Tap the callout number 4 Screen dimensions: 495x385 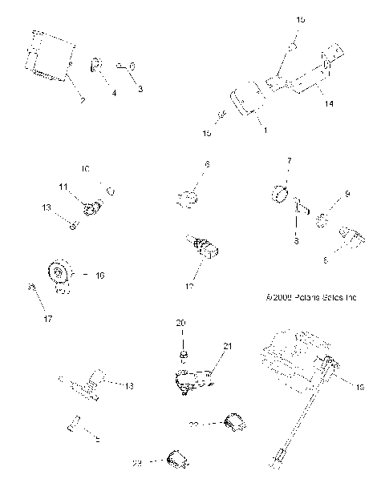[113, 94]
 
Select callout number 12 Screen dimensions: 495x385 [189, 286]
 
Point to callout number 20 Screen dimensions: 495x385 [180, 322]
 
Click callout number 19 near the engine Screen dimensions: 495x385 [359, 387]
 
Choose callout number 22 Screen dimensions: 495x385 [193, 425]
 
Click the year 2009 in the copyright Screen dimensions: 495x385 [282, 298]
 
